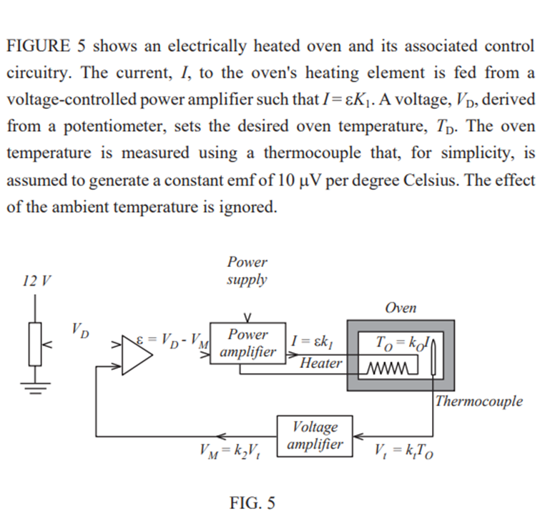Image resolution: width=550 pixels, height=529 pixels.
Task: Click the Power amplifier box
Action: tap(247, 344)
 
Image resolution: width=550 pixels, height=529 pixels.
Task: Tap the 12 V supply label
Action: tap(36, 280)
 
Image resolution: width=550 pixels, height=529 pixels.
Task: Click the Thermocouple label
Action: tap(478, 401)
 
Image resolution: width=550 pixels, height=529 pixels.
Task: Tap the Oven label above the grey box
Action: tap(400, 308)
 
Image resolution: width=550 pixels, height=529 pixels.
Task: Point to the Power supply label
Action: tap(247, 271)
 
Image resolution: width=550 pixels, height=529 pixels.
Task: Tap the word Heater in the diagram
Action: tap(320, 364)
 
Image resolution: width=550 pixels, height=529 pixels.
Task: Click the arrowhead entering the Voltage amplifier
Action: tap(358, 435)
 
